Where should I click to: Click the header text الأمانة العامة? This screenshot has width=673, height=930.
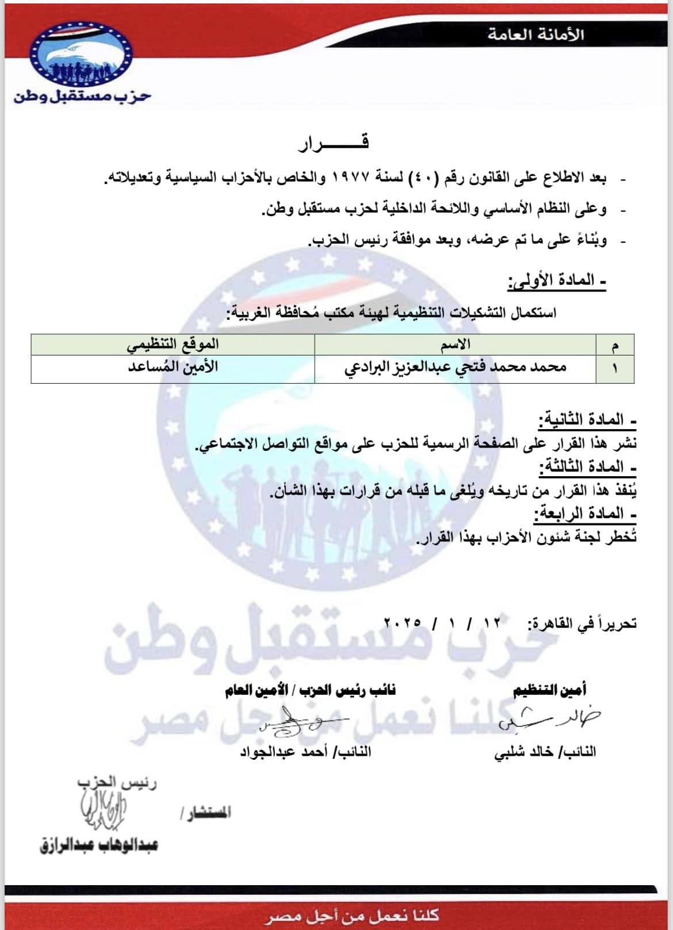(x=536, y=35)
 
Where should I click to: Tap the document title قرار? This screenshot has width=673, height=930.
(x=333, y=143)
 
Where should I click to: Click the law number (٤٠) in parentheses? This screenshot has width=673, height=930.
(x=426, y=178)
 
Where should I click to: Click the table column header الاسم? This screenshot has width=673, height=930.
(x=455, y=345)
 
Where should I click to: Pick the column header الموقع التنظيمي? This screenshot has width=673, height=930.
(x=173, y=345)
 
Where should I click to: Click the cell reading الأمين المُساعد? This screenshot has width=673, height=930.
(x=173, y=367)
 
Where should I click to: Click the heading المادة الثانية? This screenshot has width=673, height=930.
(x=587, y=420)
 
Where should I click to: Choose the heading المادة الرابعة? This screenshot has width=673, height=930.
(x=585, y=513)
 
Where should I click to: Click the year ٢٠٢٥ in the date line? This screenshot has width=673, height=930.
(x=403, y=623)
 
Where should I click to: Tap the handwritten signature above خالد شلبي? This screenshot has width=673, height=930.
(x=549, y=718)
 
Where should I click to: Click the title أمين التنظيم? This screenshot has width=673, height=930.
(x=550, y=690)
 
